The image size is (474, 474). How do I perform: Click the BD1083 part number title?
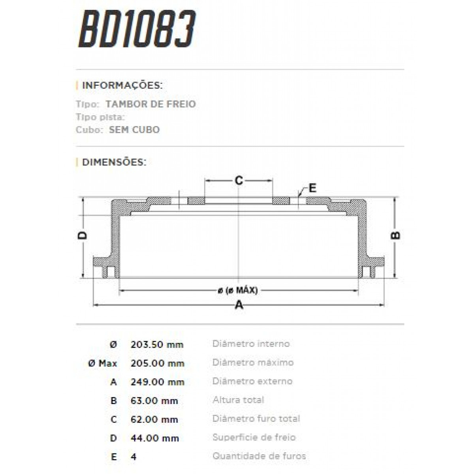pos(137,29)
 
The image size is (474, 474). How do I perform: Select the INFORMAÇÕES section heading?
pos(122,85)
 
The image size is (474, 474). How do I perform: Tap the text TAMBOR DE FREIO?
pos(150,104)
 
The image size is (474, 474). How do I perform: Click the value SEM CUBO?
pos(134,130)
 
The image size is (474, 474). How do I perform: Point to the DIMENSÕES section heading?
pos(114,162)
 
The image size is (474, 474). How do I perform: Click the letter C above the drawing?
pos(239,181)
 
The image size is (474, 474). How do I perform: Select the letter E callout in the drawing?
pos(312,188)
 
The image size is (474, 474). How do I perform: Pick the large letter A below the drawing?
pos(239,305)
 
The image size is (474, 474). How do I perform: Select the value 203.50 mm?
pos(157,344)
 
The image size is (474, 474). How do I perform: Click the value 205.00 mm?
pos(157,363)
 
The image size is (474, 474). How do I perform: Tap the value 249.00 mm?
pos(157,382)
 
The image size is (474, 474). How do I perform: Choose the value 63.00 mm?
pos(154,401)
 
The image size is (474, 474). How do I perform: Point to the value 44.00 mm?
pos(154,438)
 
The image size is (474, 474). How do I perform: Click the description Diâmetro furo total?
pos(256,418)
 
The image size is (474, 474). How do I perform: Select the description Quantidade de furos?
pos(259,456)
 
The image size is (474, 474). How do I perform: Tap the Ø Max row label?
pos(102,363)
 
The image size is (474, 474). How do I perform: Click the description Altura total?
pos(238,400)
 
